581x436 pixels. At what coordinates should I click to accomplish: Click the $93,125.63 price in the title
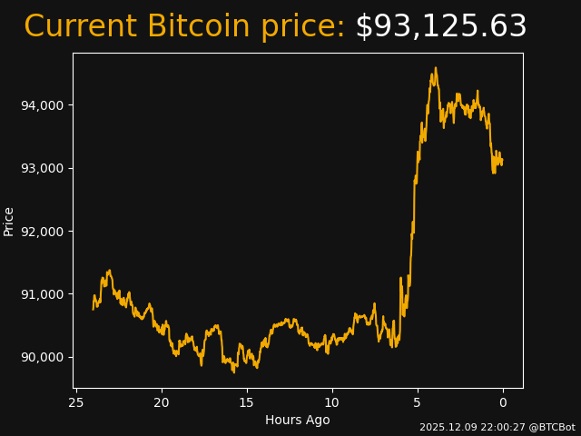[x=440, y=27]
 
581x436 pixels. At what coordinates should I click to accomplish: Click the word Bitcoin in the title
[x=199, y=27]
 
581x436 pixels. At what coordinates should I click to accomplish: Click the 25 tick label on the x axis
[x=76, y=402]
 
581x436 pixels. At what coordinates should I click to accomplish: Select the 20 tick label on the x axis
[x=162, y=402]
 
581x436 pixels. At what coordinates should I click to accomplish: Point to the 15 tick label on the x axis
[x=247, y=402]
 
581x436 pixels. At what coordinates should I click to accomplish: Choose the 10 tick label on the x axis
[x=332, y=402]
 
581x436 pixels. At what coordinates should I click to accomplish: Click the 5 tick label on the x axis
[x=418, y=402]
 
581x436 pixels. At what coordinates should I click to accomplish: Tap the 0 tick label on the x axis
[x=503, y=402]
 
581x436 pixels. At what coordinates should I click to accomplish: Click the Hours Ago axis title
[x=298, y=420]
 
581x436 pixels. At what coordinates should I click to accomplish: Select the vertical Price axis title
[x=9, y=221]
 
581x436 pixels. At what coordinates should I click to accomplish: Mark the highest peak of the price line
[x=436, y=67]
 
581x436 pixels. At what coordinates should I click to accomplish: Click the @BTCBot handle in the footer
[x=552, y=427]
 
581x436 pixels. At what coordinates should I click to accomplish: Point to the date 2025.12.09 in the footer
[x=449, y=427]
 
